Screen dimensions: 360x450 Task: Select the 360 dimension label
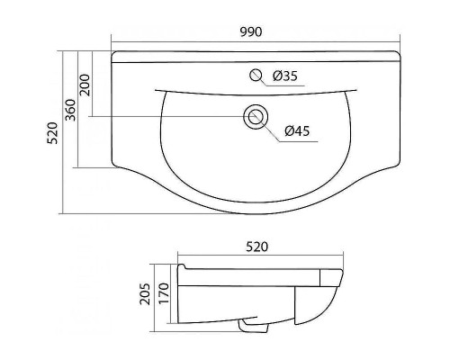tap(70, 108)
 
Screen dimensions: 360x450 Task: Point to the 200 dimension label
tap(85, 86)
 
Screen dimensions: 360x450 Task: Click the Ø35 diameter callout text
tap(284, 76)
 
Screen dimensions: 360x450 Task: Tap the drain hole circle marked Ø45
tap(256, 116)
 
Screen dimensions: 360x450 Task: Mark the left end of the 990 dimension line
tap(112, 41)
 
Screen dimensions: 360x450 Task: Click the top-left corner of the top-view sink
tap(113, 54)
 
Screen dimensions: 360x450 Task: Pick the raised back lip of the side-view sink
tap(183, 267)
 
